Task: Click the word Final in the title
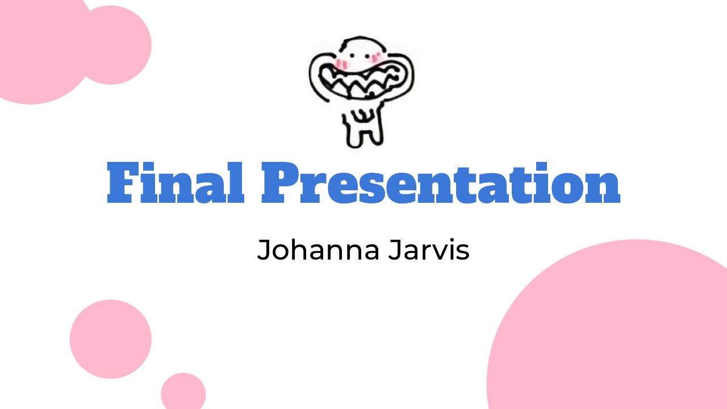pos(176,182)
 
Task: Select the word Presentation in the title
pos(441,182)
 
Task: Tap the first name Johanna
pos(318,249)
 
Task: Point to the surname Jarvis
pos(429,249)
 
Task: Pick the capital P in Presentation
pos(281,183)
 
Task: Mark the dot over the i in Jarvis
pos(449,240)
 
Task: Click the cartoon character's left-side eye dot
pos(352,56)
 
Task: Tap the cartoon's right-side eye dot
pos(367,56)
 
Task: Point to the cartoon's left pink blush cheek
pos(341,64)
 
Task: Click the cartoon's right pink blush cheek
pos(376,57)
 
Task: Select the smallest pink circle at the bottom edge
pos(183,391)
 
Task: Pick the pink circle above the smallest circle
pos(111,339)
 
